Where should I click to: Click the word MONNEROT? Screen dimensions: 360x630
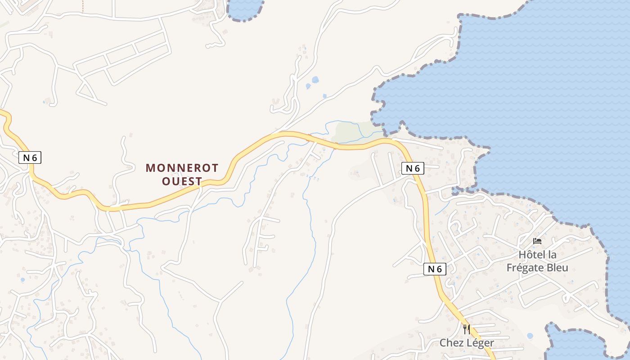click(x=182, y=168)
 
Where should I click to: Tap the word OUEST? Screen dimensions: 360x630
click(x=182, y=181)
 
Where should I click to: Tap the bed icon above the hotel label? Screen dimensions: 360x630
click(x=537, y=241)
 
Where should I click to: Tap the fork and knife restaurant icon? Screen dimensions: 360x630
click(x=467, y=329)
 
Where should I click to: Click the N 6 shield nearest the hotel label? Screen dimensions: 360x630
click(x=435, y=269)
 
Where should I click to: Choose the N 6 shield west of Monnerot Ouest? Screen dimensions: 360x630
click(x=30, y=157)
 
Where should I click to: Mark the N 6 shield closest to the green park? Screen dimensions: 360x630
click(x=413, y=168)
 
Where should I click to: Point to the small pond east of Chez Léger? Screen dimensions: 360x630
click(x=530, y=336)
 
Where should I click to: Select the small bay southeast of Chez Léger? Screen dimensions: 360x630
click(x=571, y=344)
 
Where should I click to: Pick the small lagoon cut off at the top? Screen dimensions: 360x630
click(x=244, y=8)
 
